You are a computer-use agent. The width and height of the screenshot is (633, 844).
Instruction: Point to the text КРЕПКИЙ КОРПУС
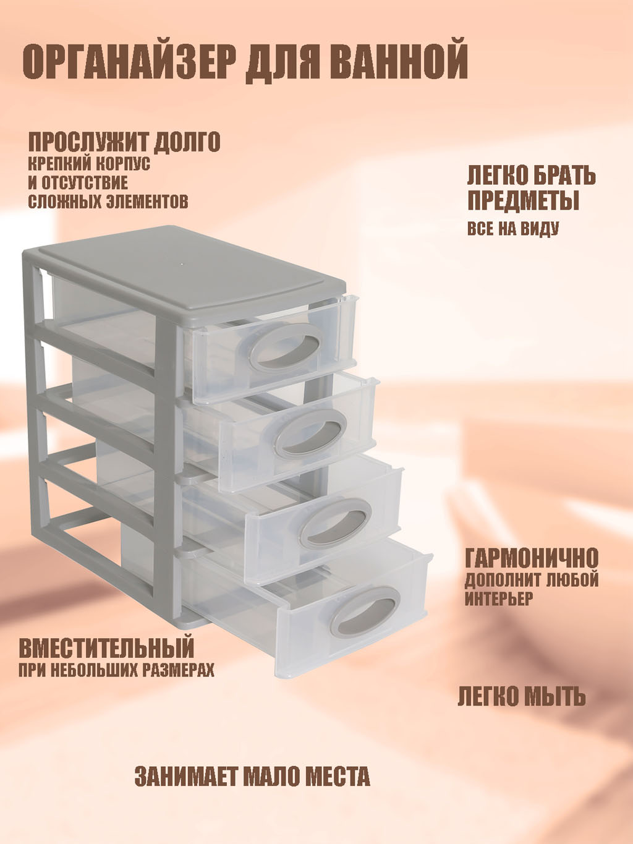click(x=89, y=164)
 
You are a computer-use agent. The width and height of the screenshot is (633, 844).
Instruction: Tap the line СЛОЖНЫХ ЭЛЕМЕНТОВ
click(x=108, y=202)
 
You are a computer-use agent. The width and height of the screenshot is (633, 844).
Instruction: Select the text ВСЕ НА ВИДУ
click(x=513, y=229)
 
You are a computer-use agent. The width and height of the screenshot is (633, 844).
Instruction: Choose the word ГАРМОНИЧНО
click(x=532, y=558)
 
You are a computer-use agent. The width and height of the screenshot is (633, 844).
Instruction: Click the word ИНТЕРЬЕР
click(x=499, y=599)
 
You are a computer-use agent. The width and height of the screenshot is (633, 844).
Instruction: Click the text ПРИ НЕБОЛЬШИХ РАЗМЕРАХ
click(x=116, y=670)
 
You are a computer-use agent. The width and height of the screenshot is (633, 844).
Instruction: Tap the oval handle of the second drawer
click(x=313, y=433)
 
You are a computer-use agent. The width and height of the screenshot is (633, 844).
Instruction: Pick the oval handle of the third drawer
click(x=335, y=522)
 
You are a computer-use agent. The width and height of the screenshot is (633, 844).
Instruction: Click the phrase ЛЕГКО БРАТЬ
click(x=532, y=176)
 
